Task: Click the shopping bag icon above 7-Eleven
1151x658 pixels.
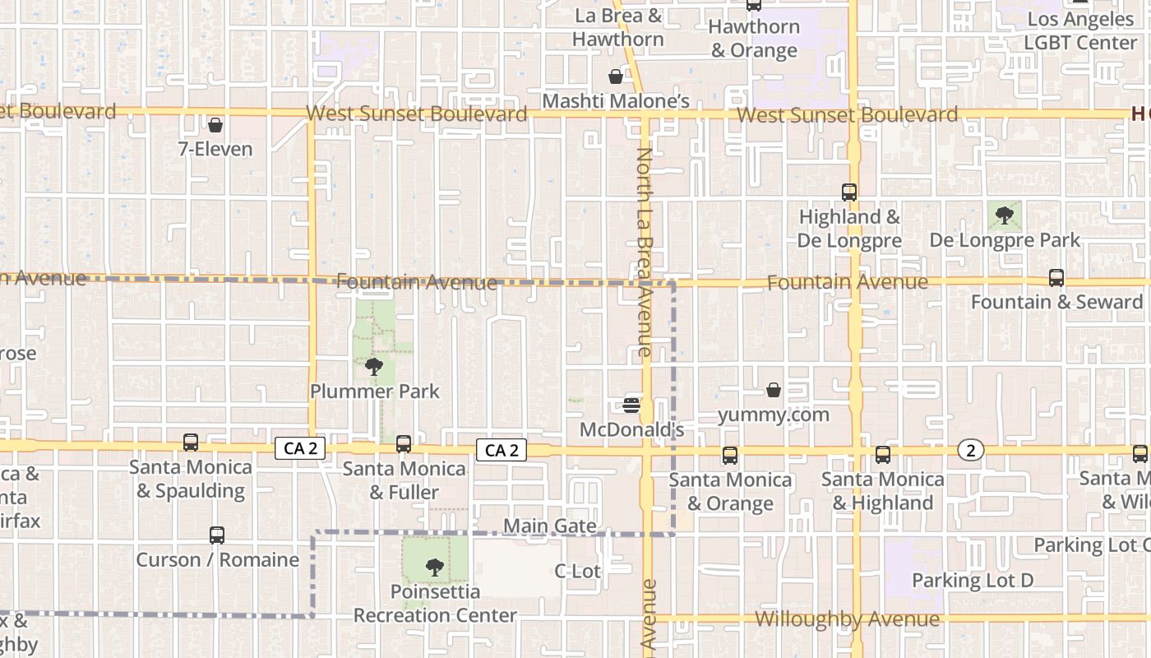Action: coord(215,126)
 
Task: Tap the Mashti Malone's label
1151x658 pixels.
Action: coord(616,101)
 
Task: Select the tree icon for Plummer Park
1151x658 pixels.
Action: coord(374,366)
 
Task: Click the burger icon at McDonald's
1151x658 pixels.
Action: coord(631,405)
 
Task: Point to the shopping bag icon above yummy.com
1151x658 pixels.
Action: coord(774,390)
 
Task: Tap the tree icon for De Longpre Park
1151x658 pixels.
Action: coord(1004,215)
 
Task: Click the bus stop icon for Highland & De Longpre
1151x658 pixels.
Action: coord(849,192)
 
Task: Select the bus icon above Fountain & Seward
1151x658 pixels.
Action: coord(1056,278)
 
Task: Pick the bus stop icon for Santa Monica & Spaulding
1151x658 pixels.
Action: coord(191,443)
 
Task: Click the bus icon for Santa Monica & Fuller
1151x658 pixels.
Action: coord(404,444)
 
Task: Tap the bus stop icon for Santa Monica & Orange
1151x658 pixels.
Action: coord(729,456)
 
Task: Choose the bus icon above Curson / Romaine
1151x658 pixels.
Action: coord(217,535)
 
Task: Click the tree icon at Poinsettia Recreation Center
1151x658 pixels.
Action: coord(434,568)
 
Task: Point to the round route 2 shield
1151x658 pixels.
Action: coord(971,450)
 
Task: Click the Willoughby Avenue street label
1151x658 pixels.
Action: coord(847,619)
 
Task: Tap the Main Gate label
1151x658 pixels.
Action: coord(549,526)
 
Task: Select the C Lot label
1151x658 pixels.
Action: coord(577,571)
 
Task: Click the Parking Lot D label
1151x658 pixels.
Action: coord(973,581)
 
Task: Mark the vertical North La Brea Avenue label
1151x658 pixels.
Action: coord(644,252)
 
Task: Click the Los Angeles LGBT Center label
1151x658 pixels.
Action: coord(1082,31)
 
